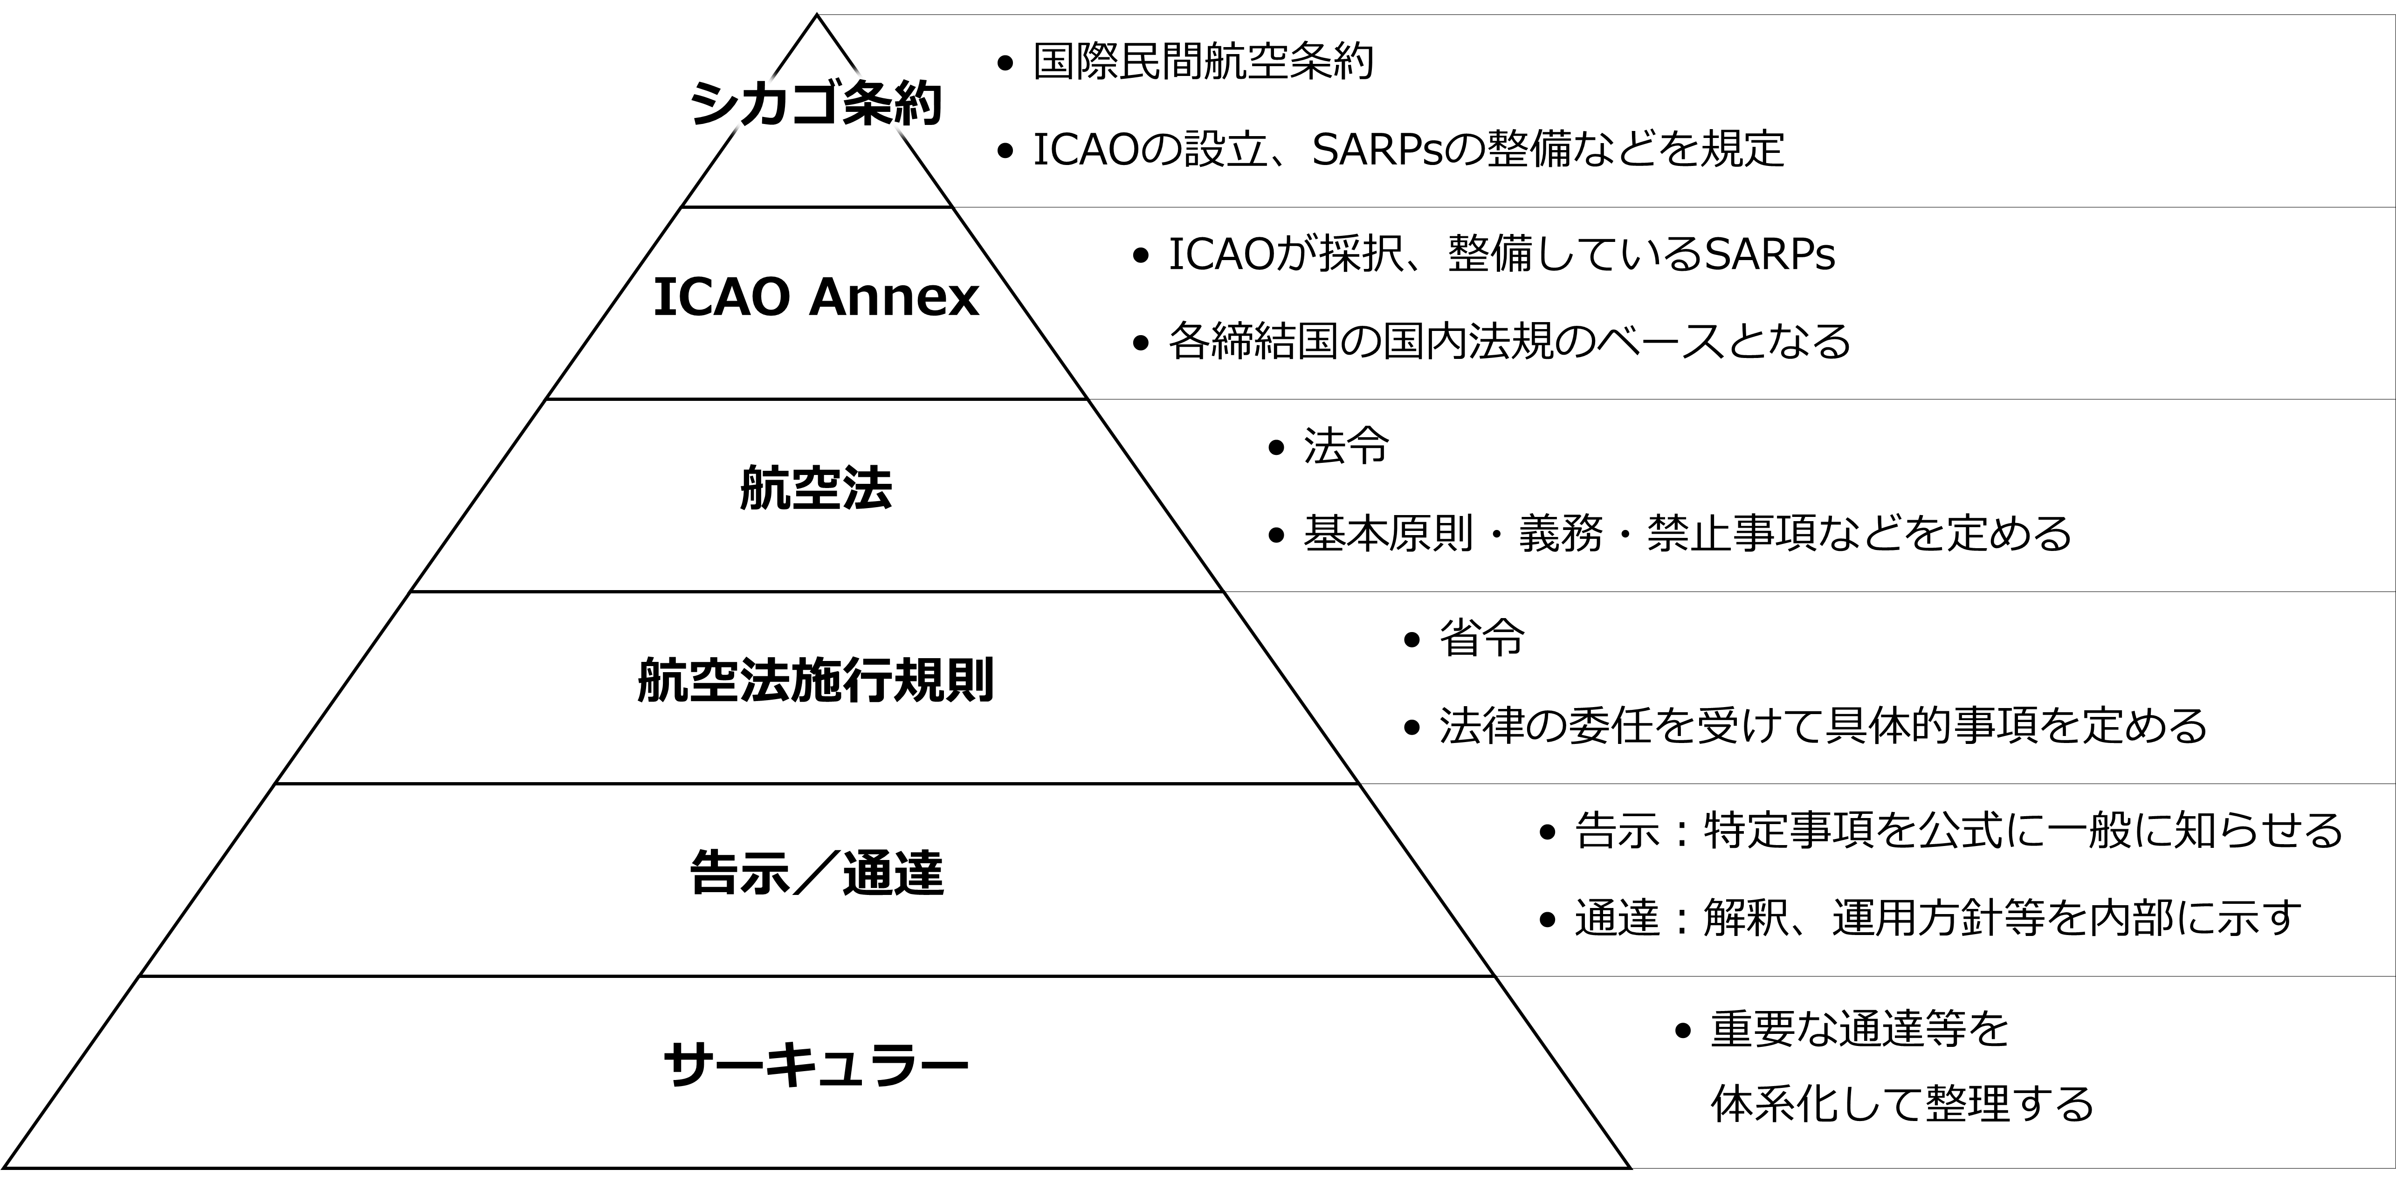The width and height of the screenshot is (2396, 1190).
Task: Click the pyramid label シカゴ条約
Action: click(816, 104)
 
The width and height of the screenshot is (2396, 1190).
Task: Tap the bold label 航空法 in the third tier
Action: click(816, 488)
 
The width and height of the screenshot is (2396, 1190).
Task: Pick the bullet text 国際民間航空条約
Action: click(1203, 63)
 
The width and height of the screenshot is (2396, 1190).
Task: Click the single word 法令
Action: click(1346, 447)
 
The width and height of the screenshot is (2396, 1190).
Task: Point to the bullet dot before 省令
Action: click(1412, 640)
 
